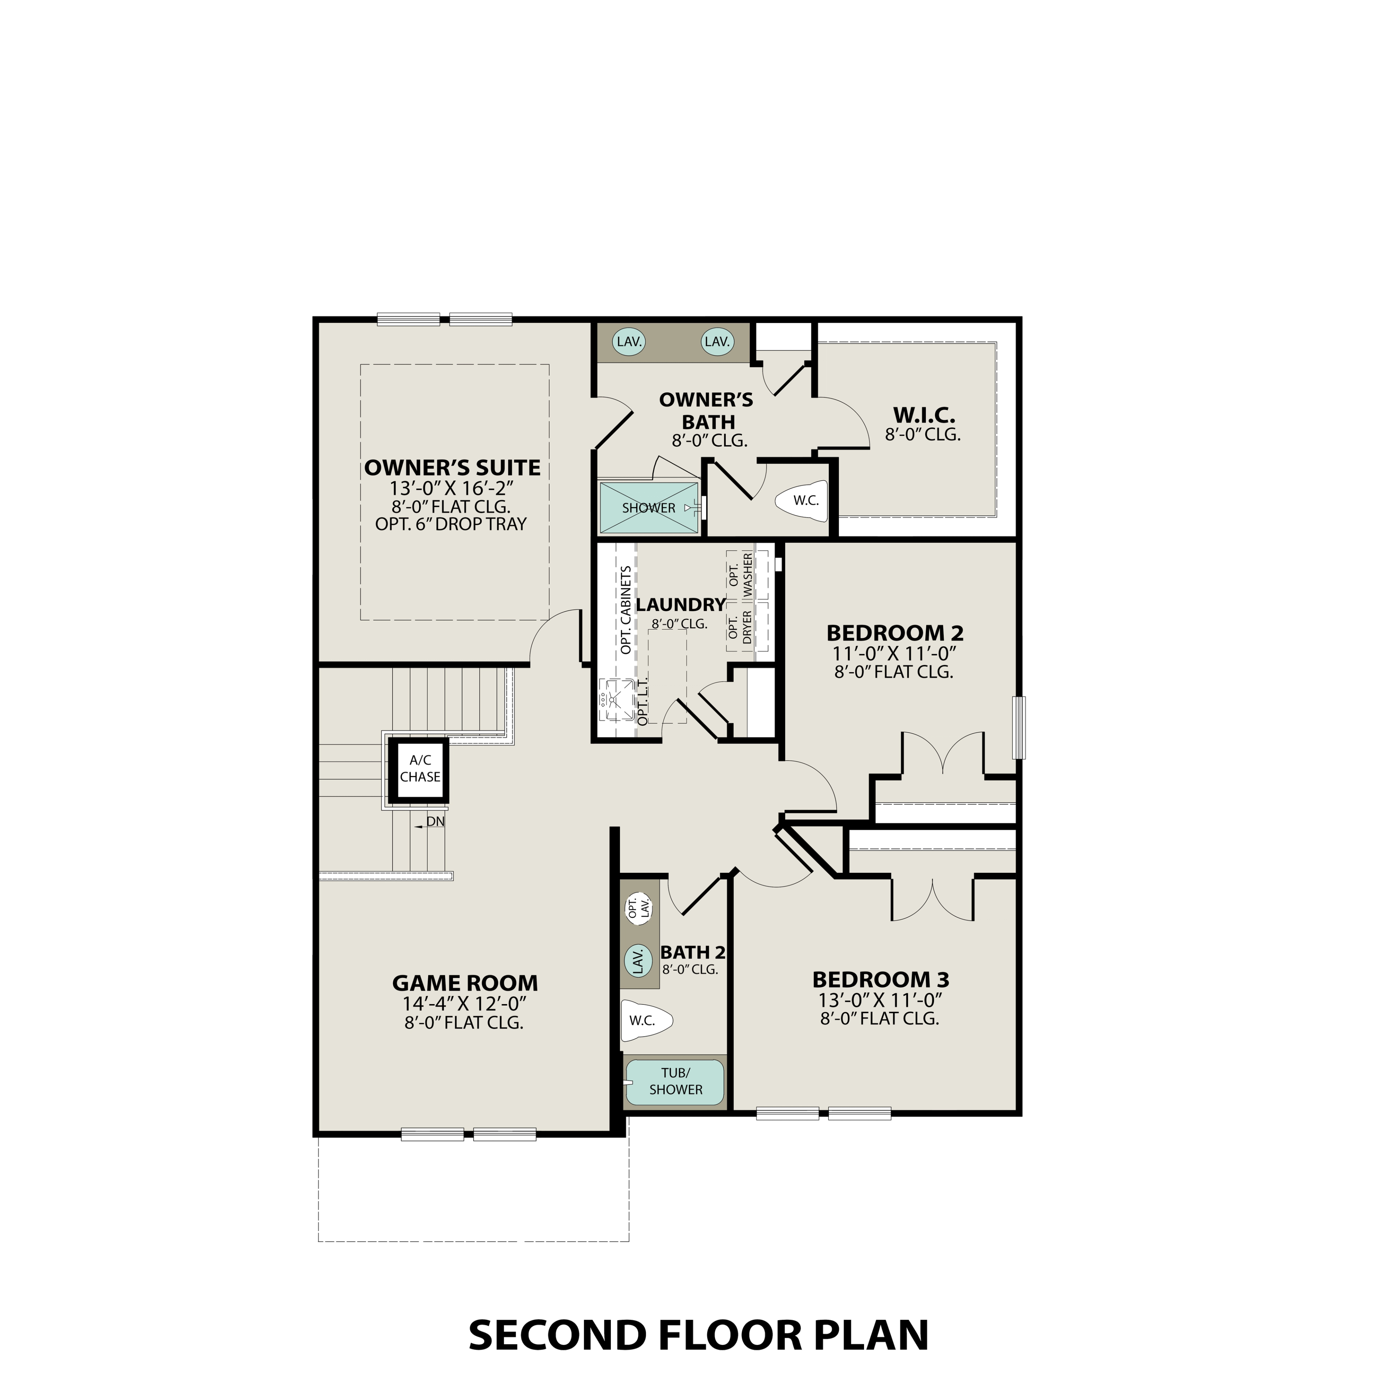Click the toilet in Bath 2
tap(646, 1020)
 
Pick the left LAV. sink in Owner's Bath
tap(629, 341)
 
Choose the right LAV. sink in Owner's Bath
tap(717, 341)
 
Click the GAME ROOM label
tap(465, 983)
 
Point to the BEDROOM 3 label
tap(880, 980)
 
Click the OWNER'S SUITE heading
tap(452, 468)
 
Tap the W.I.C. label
tap(924, 416)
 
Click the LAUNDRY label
tap(680, 605)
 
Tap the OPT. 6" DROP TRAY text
tap(451, 524)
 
